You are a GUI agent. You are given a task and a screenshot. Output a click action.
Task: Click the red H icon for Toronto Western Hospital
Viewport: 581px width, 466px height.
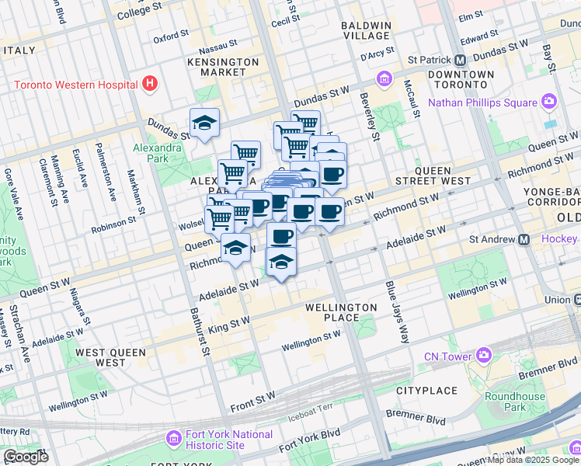click(x=150, y=84)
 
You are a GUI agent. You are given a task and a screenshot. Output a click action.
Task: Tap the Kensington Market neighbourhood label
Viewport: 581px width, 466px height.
click(x=223, y=67)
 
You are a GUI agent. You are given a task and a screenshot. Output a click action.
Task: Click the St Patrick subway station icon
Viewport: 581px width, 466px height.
click(x=460, y=60)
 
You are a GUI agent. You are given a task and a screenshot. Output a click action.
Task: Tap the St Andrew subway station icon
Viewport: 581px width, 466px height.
click(x=524, y=239)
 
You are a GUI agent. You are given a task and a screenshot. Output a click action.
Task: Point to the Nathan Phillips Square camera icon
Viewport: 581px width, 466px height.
click(x=549, y=102)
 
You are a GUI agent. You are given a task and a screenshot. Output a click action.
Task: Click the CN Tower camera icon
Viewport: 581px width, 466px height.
click(x=485, y=356)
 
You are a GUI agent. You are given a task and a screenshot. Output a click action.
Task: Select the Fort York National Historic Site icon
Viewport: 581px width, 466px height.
click(x=173, y=440)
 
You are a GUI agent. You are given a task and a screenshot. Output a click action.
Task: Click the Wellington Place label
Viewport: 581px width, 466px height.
click(x=342, y=312)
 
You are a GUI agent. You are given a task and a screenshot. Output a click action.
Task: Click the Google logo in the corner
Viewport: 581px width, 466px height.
click(x=25, y=456)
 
